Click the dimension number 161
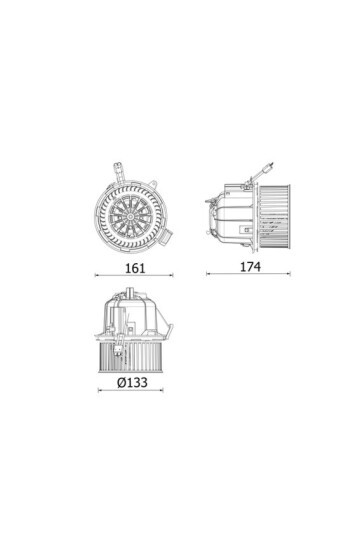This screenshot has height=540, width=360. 136,268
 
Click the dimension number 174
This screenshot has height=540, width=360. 249,267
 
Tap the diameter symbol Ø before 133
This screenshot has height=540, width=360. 120,382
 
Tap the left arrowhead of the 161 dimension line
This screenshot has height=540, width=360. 97,275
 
